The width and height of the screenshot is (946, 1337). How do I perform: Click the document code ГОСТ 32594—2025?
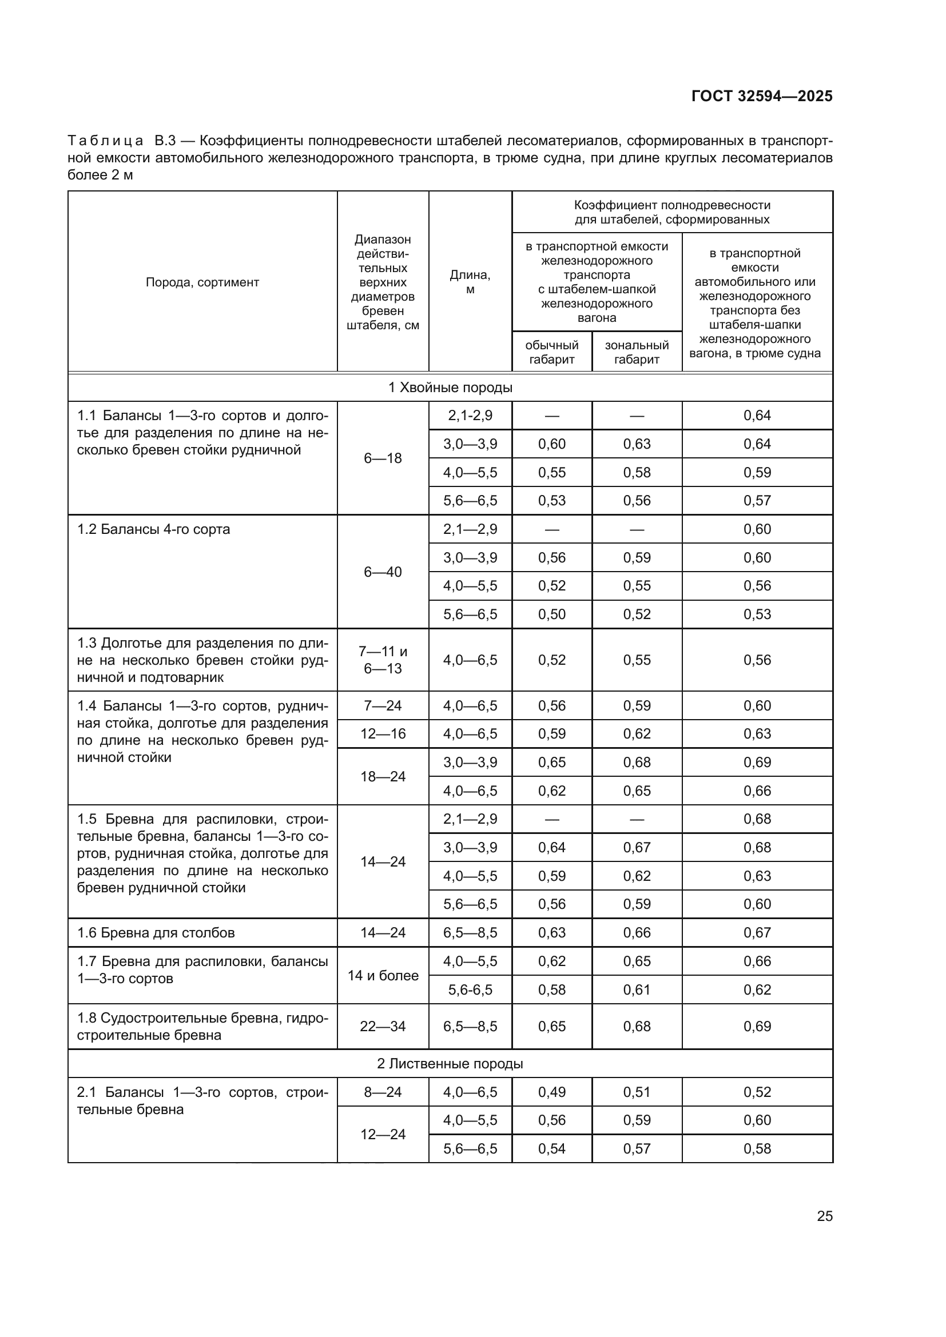point(761,96)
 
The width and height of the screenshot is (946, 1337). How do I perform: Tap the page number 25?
point(824,1216)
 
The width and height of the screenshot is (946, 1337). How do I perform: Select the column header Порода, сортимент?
point(202,282)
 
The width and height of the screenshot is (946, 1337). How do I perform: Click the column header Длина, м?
point(470,282)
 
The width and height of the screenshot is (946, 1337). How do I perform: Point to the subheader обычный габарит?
point(551,352)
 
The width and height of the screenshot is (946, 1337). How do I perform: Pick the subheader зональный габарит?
point(637,352)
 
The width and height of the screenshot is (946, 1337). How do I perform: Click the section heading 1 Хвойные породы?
point(450,388)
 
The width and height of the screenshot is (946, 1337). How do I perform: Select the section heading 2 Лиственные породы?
point(450,1064)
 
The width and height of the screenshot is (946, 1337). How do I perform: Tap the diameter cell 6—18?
point(383,458)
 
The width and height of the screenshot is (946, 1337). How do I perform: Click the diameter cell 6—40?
point(383,572)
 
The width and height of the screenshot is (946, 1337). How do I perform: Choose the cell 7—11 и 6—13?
point(383,660)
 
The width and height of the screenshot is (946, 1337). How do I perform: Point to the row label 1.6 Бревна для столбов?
point(156,933)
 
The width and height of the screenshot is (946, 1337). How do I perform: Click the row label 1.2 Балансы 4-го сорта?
point(154,529)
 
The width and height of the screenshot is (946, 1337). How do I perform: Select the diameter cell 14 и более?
point(383,975)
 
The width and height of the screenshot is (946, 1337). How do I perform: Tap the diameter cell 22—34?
point(383,1027)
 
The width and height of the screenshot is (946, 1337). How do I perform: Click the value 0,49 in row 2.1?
point(551,1092)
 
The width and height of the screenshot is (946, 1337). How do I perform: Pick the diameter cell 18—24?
point(383,776)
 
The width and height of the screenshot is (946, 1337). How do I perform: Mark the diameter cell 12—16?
point(383,734)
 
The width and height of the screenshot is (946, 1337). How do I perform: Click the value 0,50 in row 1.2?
point(551,614)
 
